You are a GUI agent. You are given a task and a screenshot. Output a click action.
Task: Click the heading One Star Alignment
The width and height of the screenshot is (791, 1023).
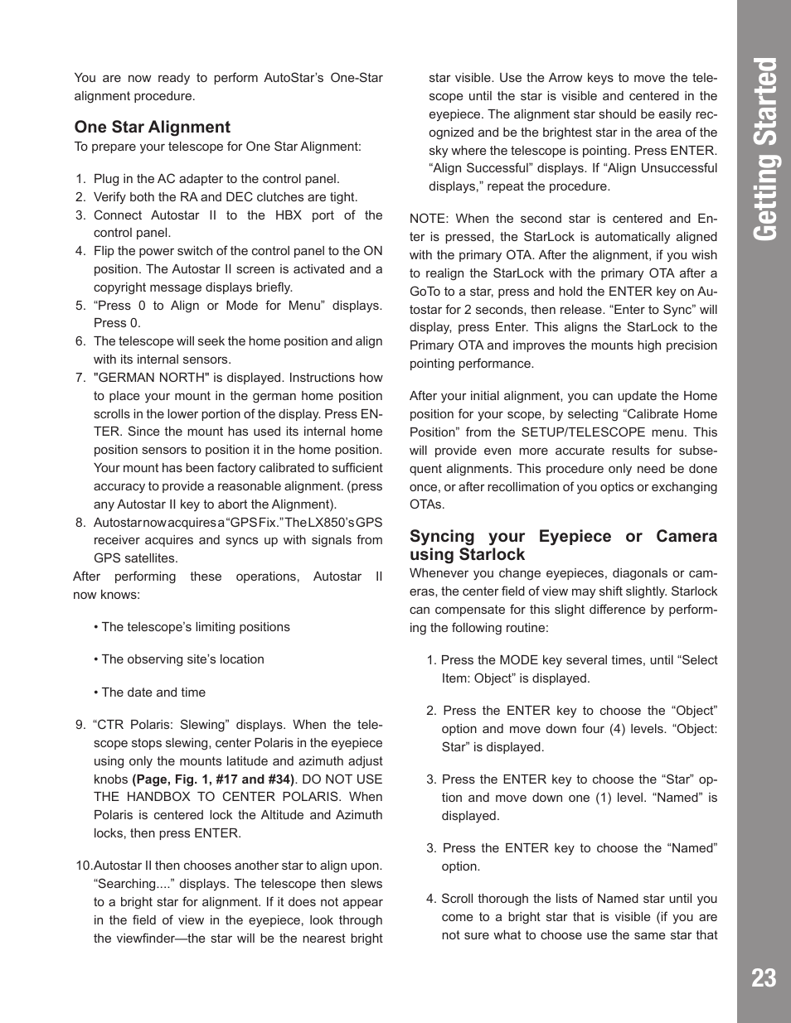(x=153, y=127)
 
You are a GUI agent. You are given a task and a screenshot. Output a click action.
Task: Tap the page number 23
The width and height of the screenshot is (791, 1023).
(x=764, y=978)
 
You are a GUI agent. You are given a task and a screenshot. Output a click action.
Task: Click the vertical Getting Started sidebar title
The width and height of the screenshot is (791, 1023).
(x=764, y=149)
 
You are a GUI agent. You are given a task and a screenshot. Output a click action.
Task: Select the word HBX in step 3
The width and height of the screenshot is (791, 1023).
(x=288, y=215)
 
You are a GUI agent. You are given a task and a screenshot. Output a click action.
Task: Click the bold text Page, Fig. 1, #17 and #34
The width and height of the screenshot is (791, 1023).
(x=213, y=779)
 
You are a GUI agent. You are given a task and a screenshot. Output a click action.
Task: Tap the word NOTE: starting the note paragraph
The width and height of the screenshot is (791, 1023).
(x=428, y=219)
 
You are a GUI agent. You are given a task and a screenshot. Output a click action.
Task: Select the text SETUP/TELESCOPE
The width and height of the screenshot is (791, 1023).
(x=583, y=432)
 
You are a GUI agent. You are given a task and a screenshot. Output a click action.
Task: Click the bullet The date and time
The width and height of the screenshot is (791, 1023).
(x=153, y=692)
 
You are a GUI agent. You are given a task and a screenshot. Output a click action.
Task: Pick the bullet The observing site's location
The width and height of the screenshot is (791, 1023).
(x=182, y=659)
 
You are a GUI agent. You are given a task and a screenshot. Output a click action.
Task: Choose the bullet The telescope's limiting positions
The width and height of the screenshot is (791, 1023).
(x=195, y=627)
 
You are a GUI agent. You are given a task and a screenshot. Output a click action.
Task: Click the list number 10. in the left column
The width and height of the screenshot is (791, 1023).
(x=84, y=866)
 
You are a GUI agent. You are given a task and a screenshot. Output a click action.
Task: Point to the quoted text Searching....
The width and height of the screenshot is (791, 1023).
(x=125, y=884)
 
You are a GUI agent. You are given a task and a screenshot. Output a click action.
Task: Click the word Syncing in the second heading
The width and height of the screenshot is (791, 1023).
(x=442, y=537)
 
